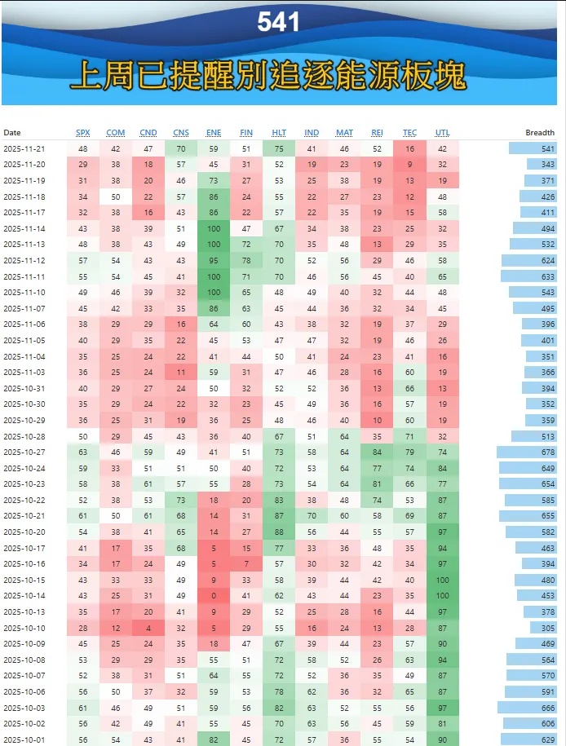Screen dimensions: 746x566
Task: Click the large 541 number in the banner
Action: pos(278,22)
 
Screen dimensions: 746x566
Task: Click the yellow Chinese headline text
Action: pos(268,76)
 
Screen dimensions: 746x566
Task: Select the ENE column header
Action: pos(214,133)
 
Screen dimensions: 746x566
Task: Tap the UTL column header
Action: pos(442,133)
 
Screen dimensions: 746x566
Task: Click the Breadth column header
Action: pos(540,133)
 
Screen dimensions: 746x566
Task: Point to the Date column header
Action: pos(12,133)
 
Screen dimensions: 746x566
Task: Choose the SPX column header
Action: pos(83,133)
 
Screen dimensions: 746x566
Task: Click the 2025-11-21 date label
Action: pos(24,148)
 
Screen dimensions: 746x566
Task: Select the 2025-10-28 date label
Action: pos(24,436)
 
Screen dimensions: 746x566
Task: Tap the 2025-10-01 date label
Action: pos(24,739)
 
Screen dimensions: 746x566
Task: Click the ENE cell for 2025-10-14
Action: pos(214,596)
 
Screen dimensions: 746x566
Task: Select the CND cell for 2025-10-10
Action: pos(148,627)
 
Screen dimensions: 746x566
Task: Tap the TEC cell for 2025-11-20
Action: pos(409,164)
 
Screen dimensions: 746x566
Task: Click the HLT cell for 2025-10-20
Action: pos(279,532)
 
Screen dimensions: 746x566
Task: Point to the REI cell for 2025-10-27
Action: pos(377,452)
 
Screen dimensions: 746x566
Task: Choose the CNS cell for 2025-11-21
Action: pos(181,148)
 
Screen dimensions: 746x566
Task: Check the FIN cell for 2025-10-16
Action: pos(246,563)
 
